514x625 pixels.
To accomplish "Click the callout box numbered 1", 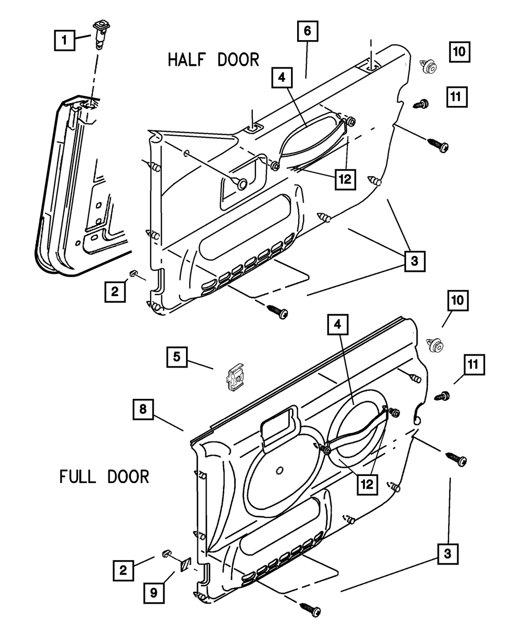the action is tap(64, 40).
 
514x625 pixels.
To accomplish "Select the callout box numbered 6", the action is tap(308, 31).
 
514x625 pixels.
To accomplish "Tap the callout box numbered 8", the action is tap(143, 409).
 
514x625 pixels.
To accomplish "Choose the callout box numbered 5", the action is tap(177, 357).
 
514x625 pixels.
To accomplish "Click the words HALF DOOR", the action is tap(213, 60).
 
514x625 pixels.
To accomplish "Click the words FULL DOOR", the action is tap(104, 476).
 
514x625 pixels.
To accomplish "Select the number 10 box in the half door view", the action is tap(460, 51).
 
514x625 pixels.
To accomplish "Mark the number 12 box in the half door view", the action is tap(345, 179).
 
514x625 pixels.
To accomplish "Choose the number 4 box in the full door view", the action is tap(338, 324).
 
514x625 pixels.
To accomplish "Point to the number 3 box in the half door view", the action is tap(415, 261).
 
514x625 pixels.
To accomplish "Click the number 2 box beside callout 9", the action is tap(123, 570).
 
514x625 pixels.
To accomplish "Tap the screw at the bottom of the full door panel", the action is tap(310, 609).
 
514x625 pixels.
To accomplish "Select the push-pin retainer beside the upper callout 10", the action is tap(429, 66).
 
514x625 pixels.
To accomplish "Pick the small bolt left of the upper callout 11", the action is tap(421, 104).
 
